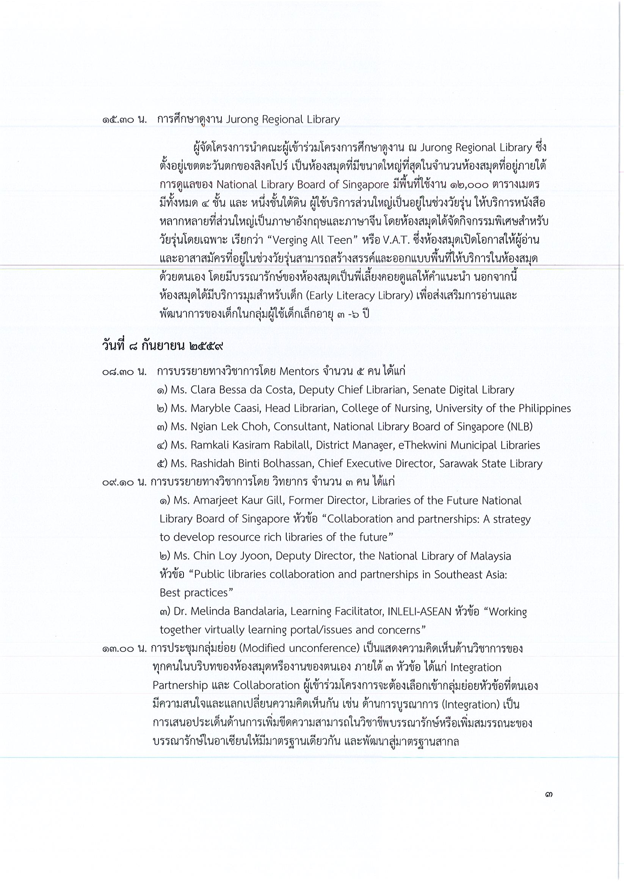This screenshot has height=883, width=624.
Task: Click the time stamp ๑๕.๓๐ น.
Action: pyautogui.click(x=124, y=120)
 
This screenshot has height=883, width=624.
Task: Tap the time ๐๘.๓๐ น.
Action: pyautogui.click(x=124, y=372)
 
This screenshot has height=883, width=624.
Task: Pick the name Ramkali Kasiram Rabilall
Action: pyautogui.click(x=251, y=445)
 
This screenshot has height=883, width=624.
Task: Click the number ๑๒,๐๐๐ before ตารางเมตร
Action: pyautogui.click(x=467, y=185)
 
